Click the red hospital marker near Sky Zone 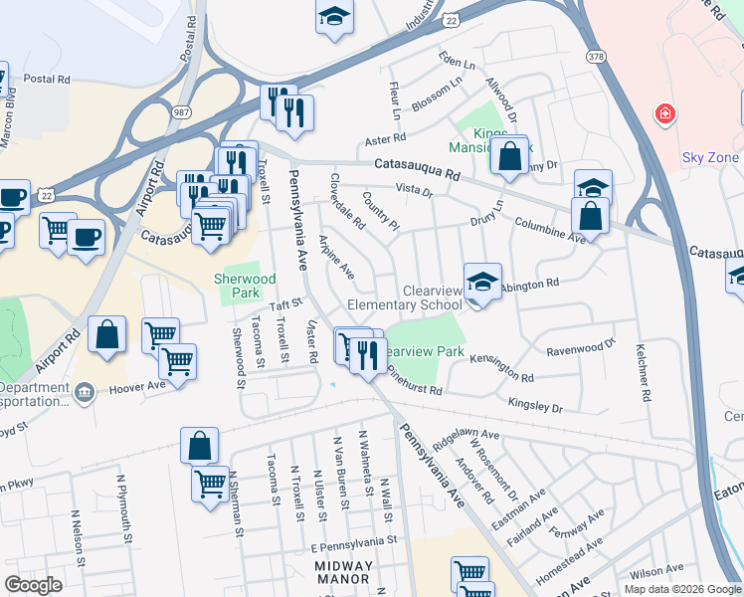pos(663,116)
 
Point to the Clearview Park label pos(424,352)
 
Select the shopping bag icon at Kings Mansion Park pos(509,156)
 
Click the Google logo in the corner pos(33,584)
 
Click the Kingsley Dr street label pos(535,406)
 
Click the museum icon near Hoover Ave pos(84,391)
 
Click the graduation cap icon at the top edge pos(335,16)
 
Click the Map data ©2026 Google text pos(681,588)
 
